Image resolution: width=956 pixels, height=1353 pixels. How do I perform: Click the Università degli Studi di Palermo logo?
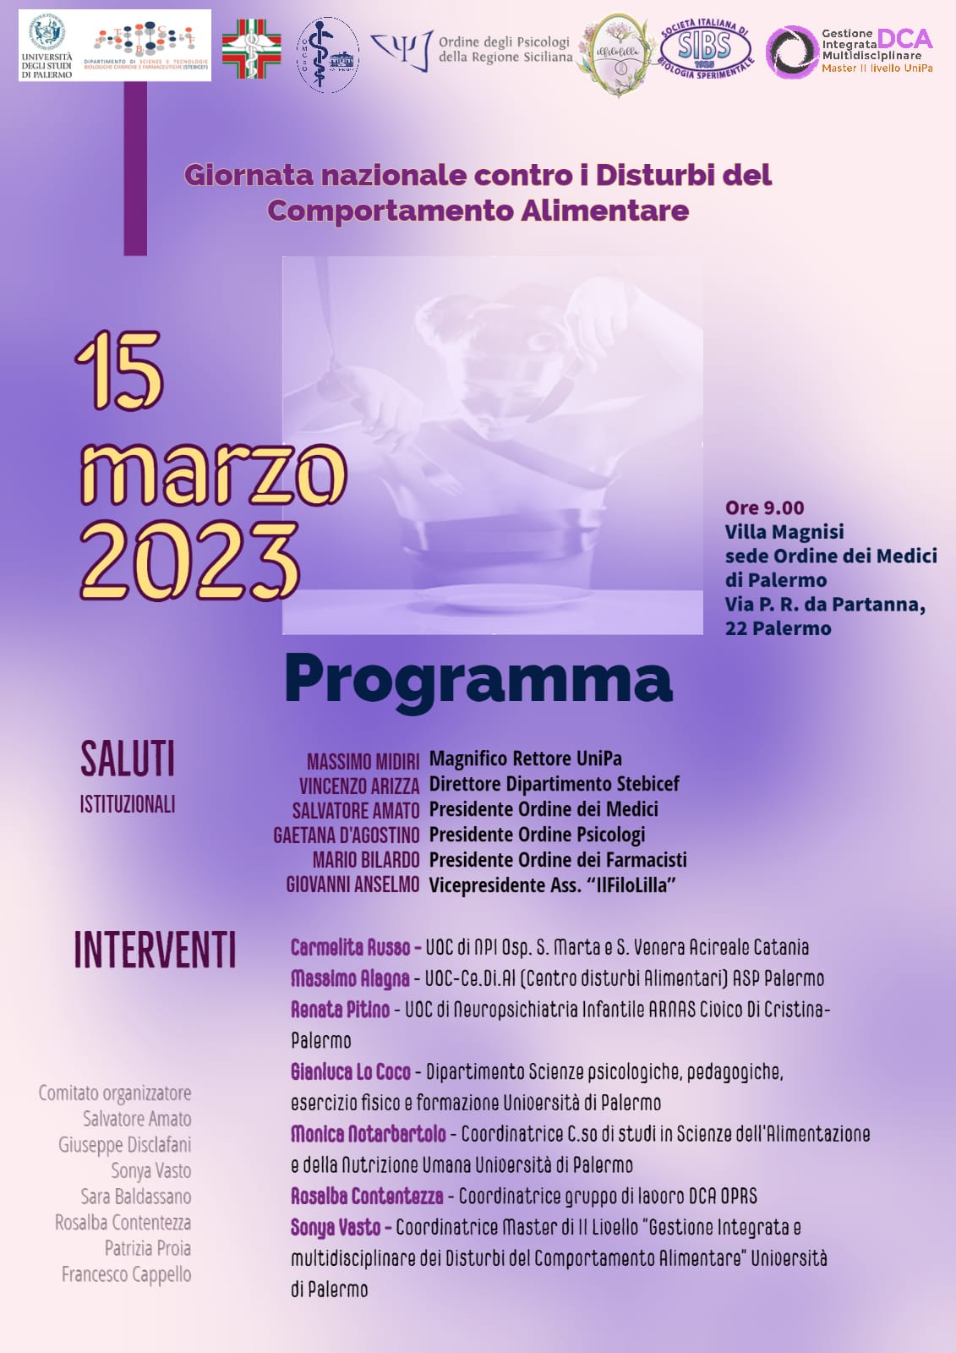(47, 45)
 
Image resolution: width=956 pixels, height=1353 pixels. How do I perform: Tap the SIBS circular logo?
(705, 47)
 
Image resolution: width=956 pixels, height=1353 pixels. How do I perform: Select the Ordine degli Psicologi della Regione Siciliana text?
(505, 49)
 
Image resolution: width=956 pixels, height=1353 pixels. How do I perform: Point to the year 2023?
(190, 561)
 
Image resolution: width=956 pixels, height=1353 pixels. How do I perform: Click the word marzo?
(213, 473)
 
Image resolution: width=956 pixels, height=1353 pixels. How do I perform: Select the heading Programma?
(478, 679)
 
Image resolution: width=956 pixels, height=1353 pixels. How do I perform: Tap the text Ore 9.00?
(764, 507)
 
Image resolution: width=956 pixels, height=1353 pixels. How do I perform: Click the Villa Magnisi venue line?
(784, 532)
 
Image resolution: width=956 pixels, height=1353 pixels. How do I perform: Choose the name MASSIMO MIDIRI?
(363, 761)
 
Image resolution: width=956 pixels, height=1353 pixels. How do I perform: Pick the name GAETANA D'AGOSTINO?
(347, 835)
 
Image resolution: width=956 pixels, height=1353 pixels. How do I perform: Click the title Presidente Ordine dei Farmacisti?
(558, 860)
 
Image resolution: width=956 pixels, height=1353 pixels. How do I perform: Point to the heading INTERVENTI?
(155, 950)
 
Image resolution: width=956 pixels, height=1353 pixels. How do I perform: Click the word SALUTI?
(128, 759)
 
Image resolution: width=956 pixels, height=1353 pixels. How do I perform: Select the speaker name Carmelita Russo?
(350, 947)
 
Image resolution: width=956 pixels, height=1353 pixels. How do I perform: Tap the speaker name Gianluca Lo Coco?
(350, 1072)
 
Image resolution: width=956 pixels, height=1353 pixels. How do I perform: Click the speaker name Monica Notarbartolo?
(368, 1134)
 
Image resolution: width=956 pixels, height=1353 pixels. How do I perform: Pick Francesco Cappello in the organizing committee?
(126, 1274)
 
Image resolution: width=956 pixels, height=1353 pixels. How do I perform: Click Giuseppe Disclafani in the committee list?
(124, 1145)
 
